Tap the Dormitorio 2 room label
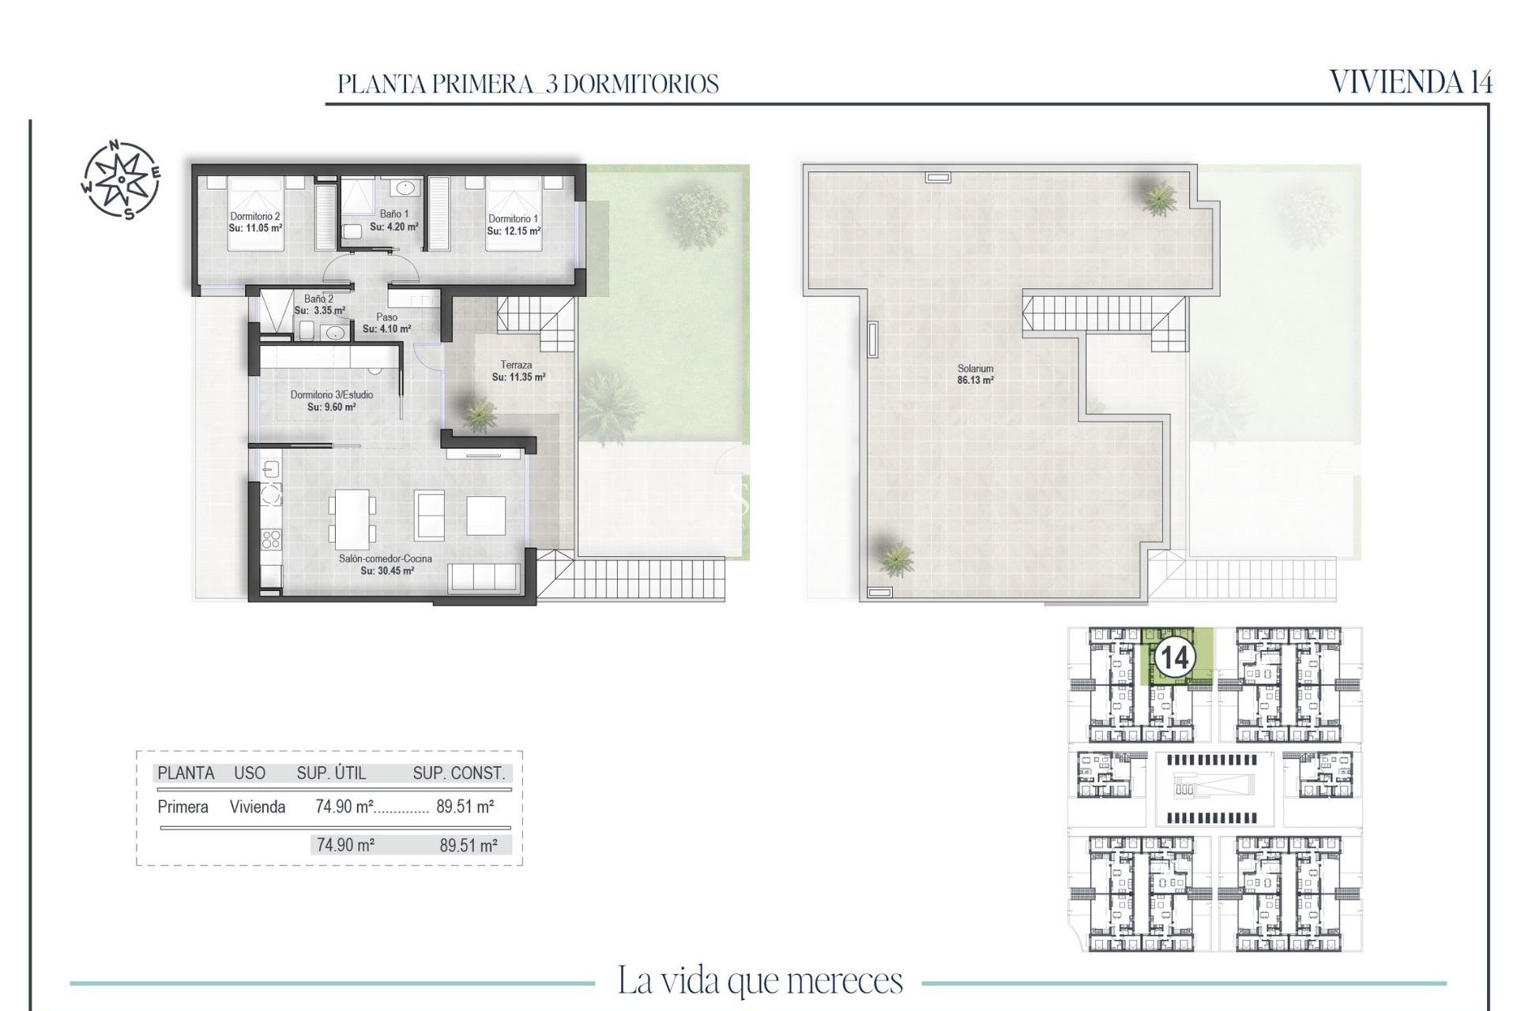point(255,216)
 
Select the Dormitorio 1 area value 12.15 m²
point(514,231)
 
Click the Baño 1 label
point(394,214)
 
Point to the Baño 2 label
point(318,299)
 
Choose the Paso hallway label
point(386,318)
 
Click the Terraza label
point(516,365)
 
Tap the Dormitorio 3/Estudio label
point(331,395)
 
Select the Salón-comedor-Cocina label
point(386,558)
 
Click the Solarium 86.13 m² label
point(975,374)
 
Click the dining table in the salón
point(352,519)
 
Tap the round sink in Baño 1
point(405,188)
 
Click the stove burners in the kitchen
point(271,539)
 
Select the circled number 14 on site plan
point(1175,657)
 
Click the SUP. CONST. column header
point(458,773)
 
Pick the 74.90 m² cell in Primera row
point(344,807)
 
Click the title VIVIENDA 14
point(1410,82)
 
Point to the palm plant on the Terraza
point(478,413)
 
